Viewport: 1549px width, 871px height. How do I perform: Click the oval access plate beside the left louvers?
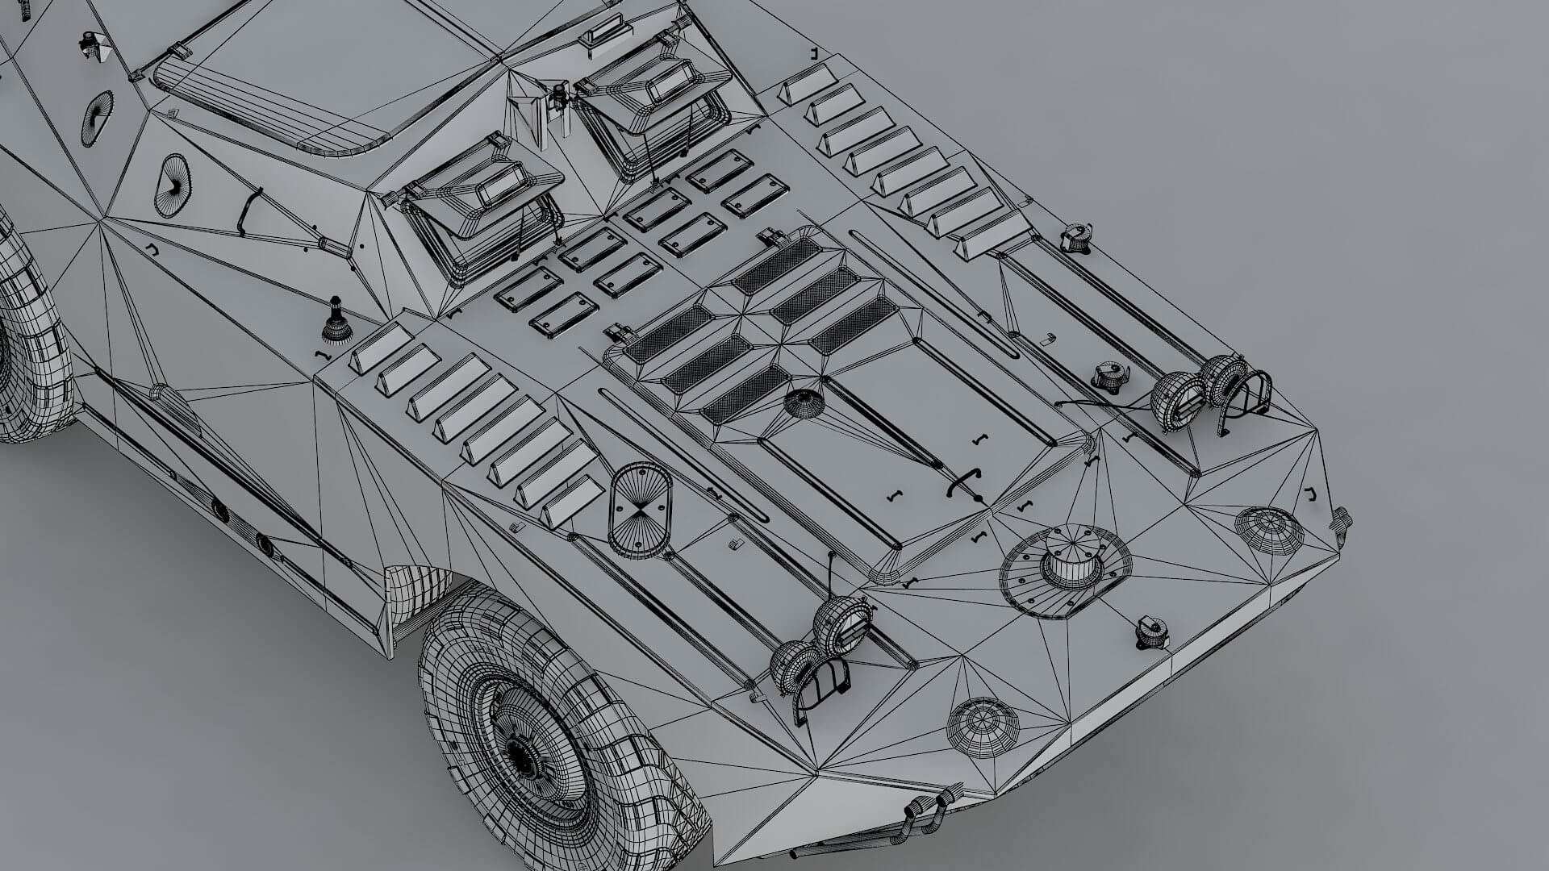[x=639, y=510]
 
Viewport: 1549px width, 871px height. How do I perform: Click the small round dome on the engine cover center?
[x=803, y=402]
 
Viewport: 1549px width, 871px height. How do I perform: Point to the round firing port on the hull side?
[x=173, y=184]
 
